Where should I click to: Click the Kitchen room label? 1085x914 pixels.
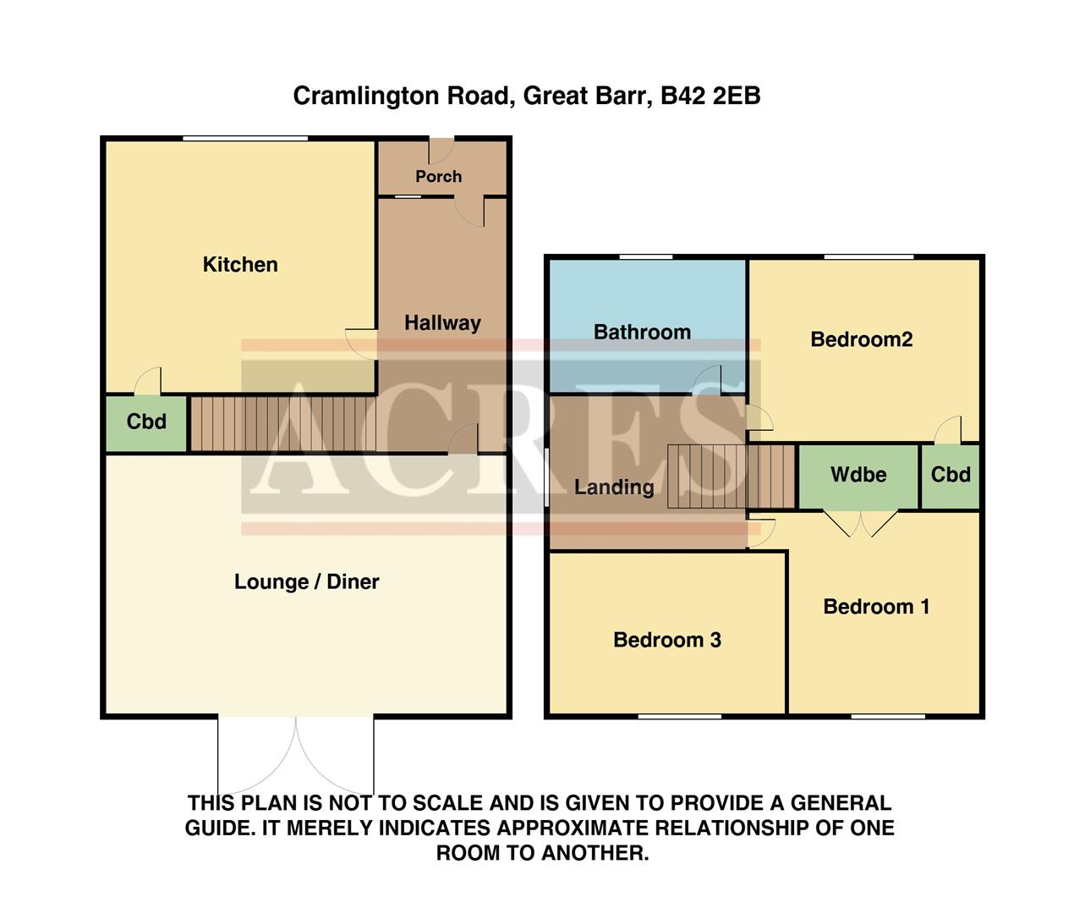[240, 265]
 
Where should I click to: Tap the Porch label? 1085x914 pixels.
[438, 177]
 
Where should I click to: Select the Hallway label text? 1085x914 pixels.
[442, 323]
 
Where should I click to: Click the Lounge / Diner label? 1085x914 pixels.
[306, 582]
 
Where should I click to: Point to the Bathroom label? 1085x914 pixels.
[642, 333]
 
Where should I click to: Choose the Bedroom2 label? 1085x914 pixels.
[861, 340]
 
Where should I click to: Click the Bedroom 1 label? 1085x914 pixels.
[876, 607]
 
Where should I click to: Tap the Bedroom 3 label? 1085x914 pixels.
[667, 641]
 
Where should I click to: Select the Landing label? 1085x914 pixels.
[614, 487]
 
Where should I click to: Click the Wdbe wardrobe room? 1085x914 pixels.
[858, 476]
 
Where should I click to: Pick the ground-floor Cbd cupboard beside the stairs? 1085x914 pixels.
[146, 422]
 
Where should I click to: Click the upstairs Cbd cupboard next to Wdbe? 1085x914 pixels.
[951, 476]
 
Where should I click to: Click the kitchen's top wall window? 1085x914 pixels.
[245, 139]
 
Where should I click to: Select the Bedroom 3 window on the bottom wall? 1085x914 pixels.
[680, 717]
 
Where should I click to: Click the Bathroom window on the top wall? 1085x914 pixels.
[645, 256]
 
